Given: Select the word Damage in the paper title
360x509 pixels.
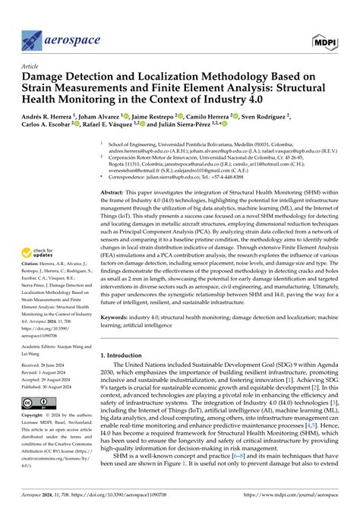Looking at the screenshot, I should pos(46,77).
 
